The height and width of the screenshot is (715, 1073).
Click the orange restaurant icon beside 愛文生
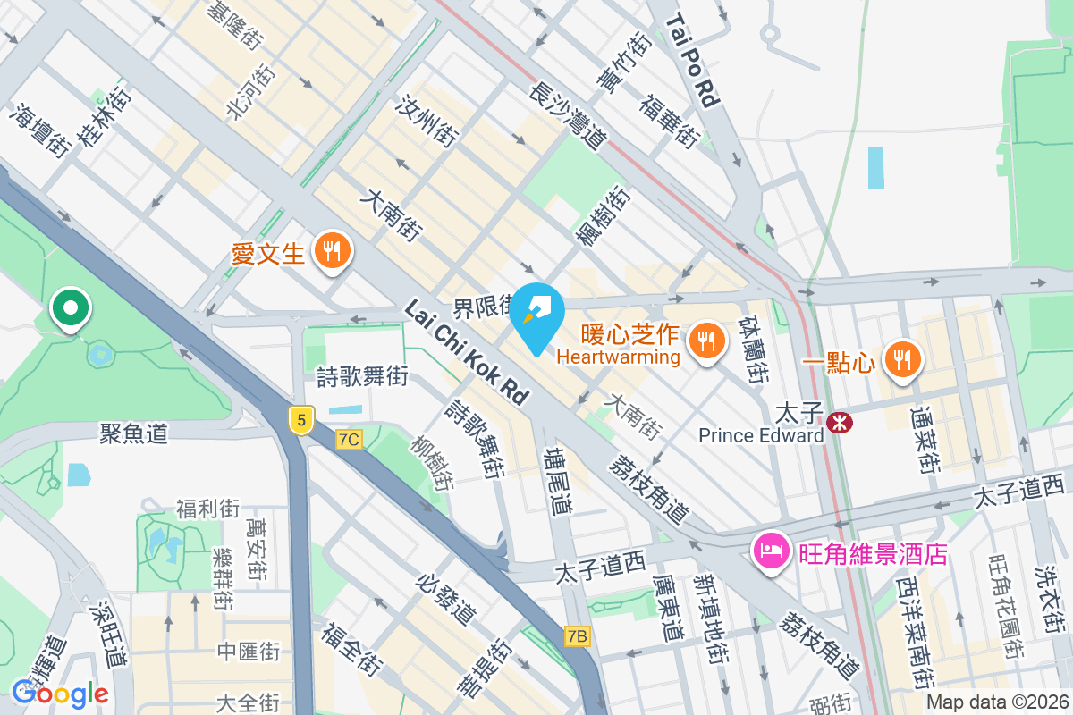coord(333,251)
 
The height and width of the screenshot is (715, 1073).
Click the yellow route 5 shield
coord(302,419)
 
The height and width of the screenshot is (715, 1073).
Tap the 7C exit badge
coord(350,439)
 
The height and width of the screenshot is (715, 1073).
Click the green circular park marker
coord(71,308)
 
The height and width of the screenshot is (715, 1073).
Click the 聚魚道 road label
coord(133,434)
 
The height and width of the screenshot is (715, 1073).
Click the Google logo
coord(60,693)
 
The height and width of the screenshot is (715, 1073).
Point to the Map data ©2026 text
coord(996,702)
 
